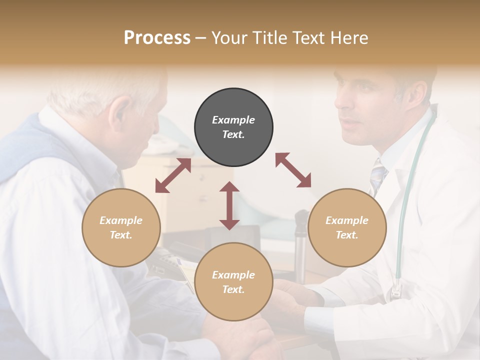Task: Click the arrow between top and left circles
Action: [x=173, y=175]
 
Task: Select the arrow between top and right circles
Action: [x=293, y=170]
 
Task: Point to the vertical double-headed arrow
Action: [x=229, y=205]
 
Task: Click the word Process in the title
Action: [x=157, y=37]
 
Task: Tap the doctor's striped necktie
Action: [x=378, y=177]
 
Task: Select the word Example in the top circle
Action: [x=233, y=120]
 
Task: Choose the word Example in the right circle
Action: [x=347, y=220]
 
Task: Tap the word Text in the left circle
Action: [x=120, y=235]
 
